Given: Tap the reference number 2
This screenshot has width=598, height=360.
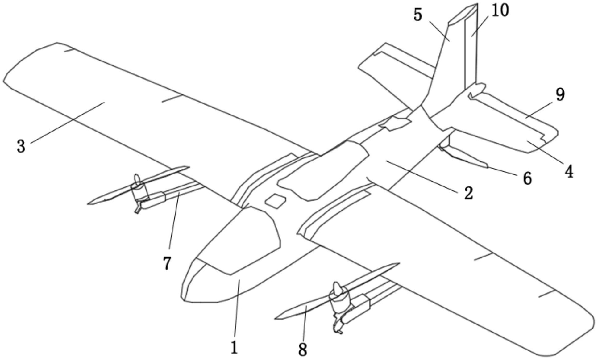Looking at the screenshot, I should [x=468, y=194].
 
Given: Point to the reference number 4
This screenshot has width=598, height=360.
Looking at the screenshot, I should [x=569, y=171].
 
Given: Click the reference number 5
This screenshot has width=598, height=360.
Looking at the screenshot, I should [x=417, y=15].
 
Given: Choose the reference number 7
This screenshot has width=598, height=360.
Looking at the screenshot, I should [x=167, y=263].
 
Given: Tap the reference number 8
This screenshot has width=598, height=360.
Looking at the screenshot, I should [x=303, y=350].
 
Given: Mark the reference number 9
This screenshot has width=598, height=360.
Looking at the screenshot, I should [x=560, y=95].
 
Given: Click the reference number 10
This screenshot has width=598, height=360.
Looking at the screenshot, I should [x=500, y=10].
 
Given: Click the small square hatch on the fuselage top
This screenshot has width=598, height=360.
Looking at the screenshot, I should [x=276, y=201].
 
